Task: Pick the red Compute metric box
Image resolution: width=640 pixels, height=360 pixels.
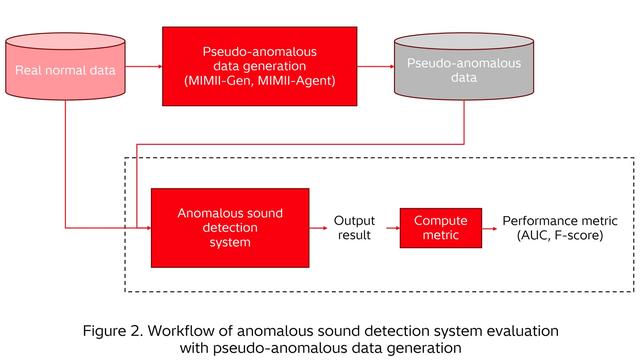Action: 435,227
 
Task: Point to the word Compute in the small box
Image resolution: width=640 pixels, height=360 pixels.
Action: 435,219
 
